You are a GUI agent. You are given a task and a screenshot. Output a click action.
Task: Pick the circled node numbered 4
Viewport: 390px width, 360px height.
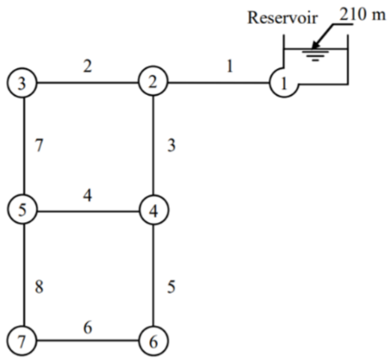[153, 211]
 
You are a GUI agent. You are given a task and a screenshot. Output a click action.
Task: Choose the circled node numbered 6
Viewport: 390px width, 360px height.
[153, 340]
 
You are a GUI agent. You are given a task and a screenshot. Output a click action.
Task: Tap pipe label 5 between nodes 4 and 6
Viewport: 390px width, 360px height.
[171, 286]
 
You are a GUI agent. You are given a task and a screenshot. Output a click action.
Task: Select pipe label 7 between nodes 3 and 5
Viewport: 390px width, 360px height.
[39, 146]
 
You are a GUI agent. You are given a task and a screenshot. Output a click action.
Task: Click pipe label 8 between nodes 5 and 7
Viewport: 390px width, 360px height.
[39, 286]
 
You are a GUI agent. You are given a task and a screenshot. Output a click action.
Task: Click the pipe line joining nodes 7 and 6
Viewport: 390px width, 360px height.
[89, 340]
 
